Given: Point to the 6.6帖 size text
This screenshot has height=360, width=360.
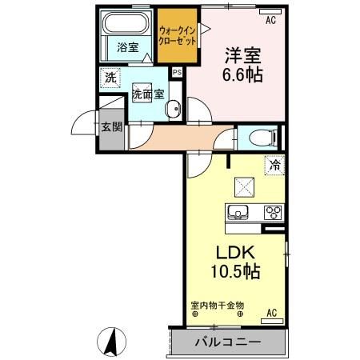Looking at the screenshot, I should [242, 78].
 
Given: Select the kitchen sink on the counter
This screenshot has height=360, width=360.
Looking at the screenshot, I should [238, 212].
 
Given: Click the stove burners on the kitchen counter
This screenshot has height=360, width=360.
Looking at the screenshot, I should [272, 212].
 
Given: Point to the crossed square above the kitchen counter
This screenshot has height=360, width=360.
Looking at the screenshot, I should [243, 186].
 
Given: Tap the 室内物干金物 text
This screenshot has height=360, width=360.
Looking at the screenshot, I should [217, 305].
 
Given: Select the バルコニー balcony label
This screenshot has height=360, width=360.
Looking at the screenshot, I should [225, 342].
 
